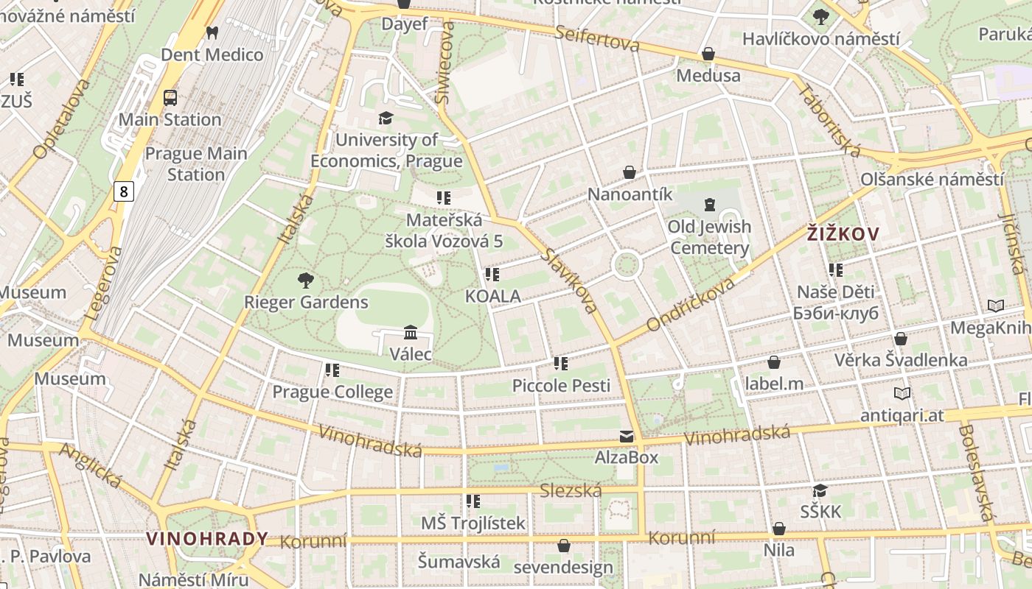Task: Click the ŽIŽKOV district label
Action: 843,234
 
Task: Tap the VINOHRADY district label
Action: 207,538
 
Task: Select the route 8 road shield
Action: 124,192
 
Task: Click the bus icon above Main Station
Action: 170,97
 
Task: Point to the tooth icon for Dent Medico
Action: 212,32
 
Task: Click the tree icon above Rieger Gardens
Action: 306,280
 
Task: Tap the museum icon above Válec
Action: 411,333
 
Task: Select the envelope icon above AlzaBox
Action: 627,437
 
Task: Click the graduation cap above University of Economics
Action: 386,118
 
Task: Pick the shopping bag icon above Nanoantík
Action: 630,172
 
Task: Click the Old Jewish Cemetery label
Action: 709,237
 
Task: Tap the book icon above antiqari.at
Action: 902,393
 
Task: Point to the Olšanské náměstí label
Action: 932,179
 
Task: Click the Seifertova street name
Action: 597,38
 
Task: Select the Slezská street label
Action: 571,490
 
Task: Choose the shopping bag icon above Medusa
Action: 708,54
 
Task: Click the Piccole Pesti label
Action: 561,385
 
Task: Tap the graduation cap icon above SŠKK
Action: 820,490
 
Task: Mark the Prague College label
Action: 332,392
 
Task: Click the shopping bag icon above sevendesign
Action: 564,546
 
